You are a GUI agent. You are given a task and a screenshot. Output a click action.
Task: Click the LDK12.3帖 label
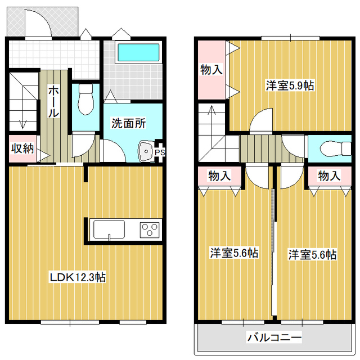tap(77, 277)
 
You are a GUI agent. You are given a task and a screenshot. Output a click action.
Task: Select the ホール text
tap(53, 101)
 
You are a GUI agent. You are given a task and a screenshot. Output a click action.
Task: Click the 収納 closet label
tap(23, 148)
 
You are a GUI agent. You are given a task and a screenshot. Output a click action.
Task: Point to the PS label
tap(160, 152)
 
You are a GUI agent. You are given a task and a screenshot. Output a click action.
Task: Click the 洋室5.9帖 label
tap(290, 85)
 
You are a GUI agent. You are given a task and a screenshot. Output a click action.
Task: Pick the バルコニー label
tap(274, 338)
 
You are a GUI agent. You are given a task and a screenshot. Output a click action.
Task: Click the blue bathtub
tap(138, 53)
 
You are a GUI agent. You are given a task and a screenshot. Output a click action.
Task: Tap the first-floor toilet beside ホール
tap(86, 101)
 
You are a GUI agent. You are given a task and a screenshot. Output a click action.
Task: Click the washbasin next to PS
tap(146, 151)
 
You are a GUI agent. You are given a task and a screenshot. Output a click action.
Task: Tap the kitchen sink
tap(109, 229)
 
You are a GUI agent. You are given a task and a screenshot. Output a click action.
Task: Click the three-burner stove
tap(150, 229)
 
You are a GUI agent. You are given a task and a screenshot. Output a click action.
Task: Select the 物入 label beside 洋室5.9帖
tap(212, 70)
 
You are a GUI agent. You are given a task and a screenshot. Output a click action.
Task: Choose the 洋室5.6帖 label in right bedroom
tap(313, 254)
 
